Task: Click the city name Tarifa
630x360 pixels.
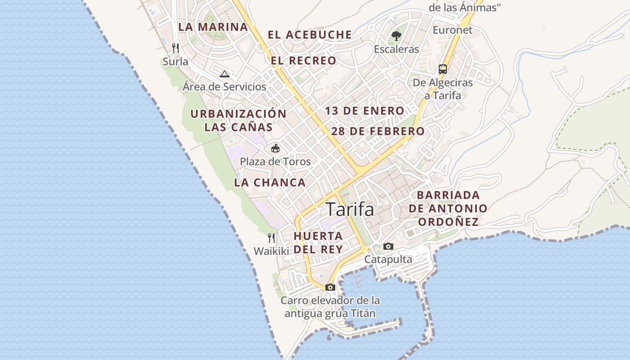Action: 350,209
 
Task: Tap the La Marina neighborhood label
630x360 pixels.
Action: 213,27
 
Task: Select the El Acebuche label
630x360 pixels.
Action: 310,35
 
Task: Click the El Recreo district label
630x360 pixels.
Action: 303,61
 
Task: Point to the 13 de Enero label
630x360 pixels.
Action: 364,111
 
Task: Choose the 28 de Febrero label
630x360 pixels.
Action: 378,131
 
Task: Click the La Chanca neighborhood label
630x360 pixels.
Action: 270,183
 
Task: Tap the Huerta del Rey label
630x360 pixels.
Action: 318,242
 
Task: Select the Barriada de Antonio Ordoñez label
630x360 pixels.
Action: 448,208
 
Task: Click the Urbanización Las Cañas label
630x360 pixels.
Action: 238,120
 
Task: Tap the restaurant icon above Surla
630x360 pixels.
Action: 175,48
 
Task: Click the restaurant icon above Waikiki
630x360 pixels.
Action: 271,238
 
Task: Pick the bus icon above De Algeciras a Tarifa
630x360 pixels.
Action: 443,69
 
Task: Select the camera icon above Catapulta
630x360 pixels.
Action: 388,246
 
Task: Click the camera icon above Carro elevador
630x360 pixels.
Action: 330,287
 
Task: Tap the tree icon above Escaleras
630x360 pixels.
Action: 396,36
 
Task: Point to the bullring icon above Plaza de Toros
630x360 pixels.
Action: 275,148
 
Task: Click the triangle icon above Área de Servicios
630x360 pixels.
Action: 224,74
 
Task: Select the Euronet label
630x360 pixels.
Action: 453,30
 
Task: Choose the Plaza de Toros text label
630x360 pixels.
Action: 275,161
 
